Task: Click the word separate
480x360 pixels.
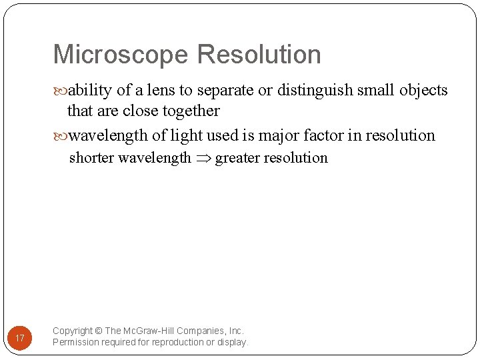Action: pyautogui.click(x=223, y=91)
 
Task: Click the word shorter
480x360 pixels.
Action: pyautogui.click(x=91, y=158)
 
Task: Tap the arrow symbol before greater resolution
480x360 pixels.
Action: pyautogui.click(x=203, y=159)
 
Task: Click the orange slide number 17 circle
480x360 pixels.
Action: pyautogui.click(x=20, y=339)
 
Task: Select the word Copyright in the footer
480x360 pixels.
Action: pyautogui.click(x=73, y=331)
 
